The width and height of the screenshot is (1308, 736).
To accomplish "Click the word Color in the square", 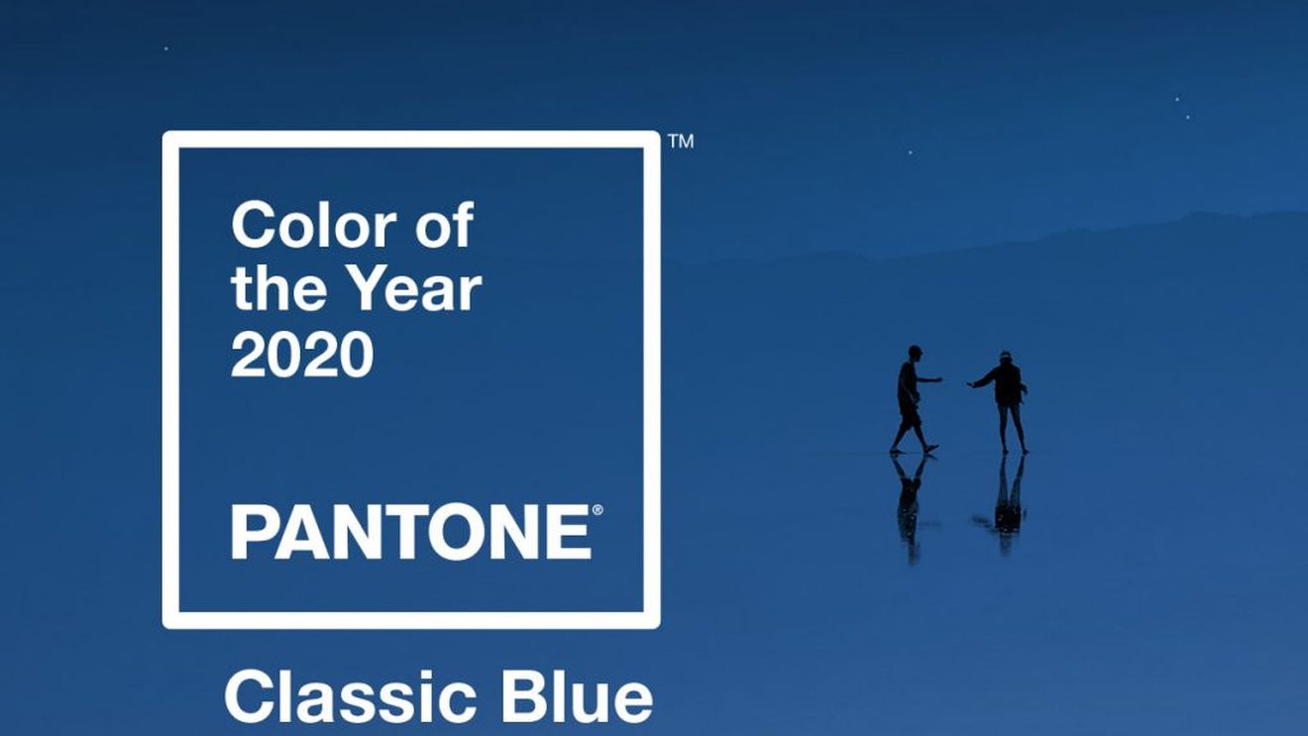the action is click(x=314, y=226).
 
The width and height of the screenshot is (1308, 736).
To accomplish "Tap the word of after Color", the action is click(x=444, y=225).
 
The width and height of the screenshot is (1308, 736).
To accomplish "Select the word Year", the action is click(x=418, y=289).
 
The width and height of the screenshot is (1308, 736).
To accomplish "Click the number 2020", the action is click(x=302, y=355).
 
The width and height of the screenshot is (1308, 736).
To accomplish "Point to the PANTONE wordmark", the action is click(x=411, y=532).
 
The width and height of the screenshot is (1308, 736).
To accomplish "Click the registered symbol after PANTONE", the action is click(x=598, y=511).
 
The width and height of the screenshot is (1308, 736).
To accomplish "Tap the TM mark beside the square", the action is click(x=681, y=142).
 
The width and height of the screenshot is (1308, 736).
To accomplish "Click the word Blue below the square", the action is click(x=577, y=698).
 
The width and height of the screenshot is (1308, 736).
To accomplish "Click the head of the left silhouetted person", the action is click(x=915, y=353).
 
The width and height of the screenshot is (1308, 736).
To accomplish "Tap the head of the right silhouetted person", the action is click(x=1005, y=358).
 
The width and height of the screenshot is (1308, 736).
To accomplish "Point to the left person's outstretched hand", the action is click(x=938, y=380).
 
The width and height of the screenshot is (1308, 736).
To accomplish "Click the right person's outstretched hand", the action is click(x=970, y=384).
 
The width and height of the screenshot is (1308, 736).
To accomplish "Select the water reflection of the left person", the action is click(x=910, y=506).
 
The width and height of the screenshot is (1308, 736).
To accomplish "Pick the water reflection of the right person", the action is click(x=1006, y=503).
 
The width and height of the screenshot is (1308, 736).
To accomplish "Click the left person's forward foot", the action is click(x=931, y=449).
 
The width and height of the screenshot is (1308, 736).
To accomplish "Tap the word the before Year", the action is click(x=279, y=289).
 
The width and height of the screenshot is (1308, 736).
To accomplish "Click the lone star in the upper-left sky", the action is click(x=166, y=49).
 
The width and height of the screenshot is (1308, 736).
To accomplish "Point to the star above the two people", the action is click(x=910, y=153).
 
